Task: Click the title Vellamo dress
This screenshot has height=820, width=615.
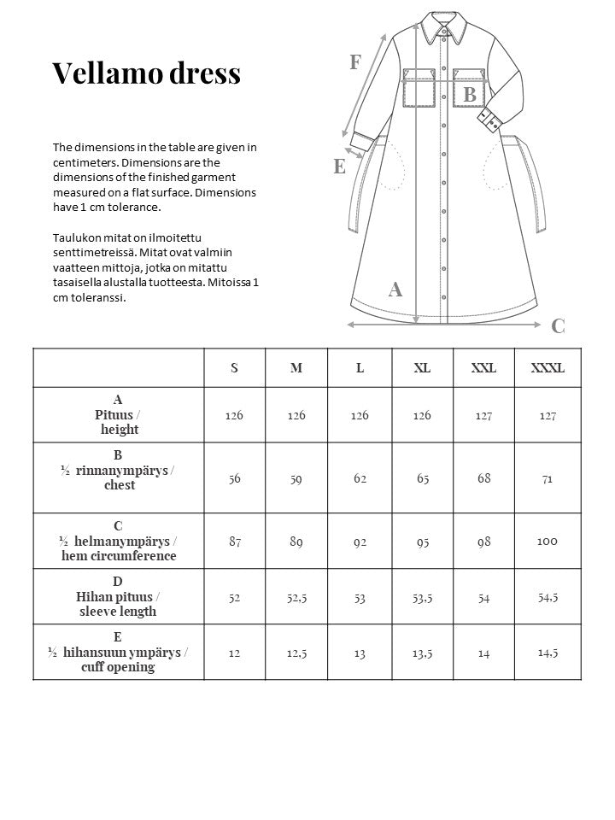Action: coord(146,73)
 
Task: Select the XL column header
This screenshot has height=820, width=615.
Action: coord(422,368)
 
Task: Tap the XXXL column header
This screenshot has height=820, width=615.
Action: coord(548,368)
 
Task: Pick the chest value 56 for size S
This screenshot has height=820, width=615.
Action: coord(234,478)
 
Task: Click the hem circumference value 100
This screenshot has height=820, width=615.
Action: coord(548,541)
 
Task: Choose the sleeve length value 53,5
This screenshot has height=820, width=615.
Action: coord(422,598)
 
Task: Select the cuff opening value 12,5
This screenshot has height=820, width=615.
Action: coord(296,653)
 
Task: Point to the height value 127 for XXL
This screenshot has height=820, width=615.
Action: coord(484,415)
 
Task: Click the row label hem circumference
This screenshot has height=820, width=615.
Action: coord(119,556)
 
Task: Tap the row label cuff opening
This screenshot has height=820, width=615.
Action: coord(119,667)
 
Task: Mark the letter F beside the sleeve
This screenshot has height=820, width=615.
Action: coord(355,61)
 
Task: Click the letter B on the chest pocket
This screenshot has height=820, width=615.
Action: coord(469,95)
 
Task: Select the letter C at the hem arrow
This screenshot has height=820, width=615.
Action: coord(558,325)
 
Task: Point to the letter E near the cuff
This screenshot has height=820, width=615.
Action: coord(339,167)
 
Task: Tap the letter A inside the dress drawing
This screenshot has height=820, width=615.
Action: coord(395,290)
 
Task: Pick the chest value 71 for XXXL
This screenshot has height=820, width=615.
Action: coord(548,478)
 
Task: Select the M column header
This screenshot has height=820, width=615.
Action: coord(296,368)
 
